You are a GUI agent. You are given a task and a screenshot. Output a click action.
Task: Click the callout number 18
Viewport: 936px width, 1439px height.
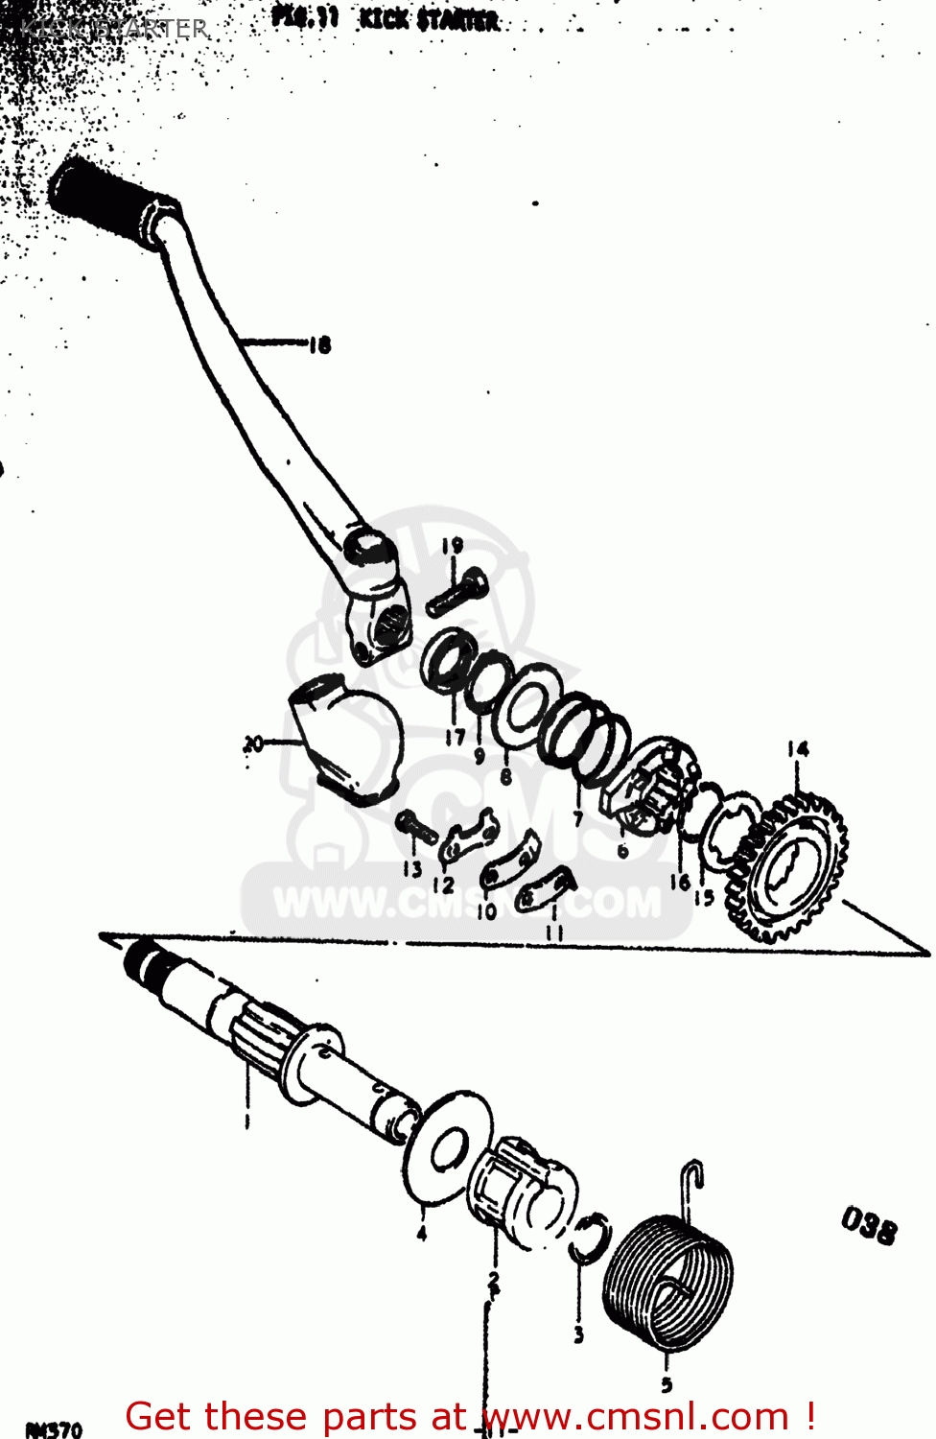pos(320,344)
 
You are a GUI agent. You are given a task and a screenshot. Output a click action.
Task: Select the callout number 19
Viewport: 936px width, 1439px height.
pos(452,546)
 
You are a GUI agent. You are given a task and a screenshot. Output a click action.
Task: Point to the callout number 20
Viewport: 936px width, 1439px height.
pos(253,743)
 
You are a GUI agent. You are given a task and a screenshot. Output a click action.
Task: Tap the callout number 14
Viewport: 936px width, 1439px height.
pos(798,749)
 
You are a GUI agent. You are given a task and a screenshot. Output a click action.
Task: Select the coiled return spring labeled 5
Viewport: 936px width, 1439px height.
pos(667,1281)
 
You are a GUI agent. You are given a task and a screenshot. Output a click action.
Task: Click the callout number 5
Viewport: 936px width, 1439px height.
pos(667,1384)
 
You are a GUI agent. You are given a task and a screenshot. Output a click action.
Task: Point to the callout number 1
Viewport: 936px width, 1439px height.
pos(246,1120)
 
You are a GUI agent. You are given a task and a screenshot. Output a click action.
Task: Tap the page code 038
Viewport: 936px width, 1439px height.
pos(869,1225)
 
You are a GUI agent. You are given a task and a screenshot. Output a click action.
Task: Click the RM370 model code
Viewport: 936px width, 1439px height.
pos(54,1429)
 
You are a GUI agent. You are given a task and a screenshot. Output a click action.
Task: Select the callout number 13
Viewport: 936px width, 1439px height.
pos(412,868)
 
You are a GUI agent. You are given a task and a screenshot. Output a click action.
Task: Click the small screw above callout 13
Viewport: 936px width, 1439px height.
pos(415,825)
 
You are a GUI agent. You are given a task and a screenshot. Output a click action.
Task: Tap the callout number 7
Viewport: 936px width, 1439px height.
pos(577,818)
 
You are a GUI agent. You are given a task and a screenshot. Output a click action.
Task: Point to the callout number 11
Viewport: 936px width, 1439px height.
pos(554,932)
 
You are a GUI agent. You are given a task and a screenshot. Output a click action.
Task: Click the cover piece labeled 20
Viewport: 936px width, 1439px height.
pos(345,739)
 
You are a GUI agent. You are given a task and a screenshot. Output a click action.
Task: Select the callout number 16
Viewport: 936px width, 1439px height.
pos(680,882)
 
